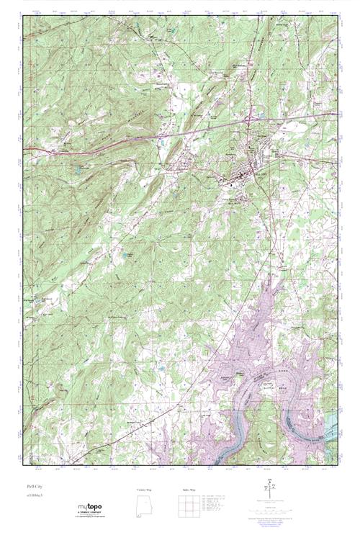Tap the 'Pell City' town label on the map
coord(258,173)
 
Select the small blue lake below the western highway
coord(76,171)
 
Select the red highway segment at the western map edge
coord(32,150)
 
